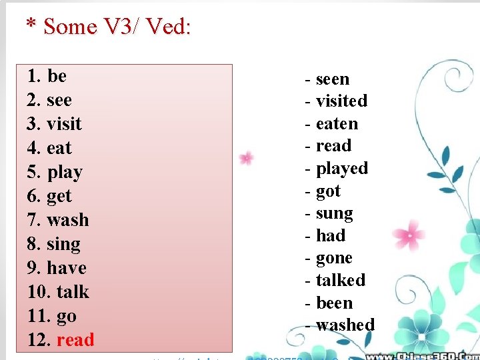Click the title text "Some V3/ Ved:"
point(117,27)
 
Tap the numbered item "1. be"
point(47,76)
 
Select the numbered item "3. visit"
point(55,124)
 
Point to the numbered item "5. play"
point(55,172)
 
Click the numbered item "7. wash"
point(58,220)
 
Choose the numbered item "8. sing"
point(54,244)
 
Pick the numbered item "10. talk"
point(58,292)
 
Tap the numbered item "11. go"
point(52,316)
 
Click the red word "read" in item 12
point(75,340)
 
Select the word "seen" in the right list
point(332,79)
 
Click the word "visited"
point(341,101)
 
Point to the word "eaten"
point(337,124)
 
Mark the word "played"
point(342,169)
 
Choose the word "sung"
point(334,213)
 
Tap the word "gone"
point(334,258)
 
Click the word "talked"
point(341,280)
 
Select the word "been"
point(334,303)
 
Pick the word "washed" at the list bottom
point(345,325)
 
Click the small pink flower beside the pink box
point(247,158)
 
